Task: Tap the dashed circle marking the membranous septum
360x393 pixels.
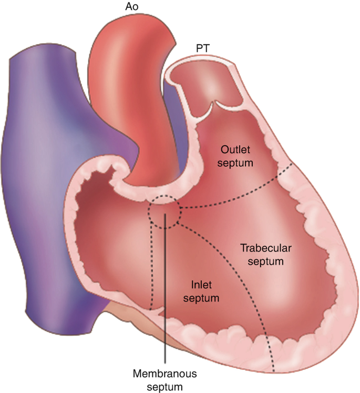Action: [164, 212]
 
